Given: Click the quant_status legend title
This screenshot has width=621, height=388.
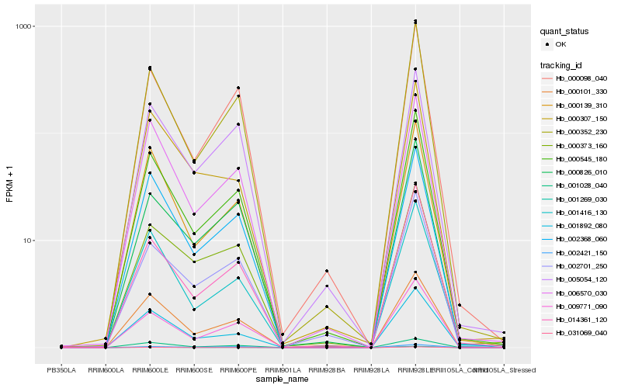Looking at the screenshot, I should (x=565, y=31).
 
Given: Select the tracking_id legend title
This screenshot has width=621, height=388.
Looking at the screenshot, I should (x=563, y=64).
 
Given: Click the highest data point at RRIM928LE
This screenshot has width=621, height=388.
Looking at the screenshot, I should (x=415, y=21).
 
